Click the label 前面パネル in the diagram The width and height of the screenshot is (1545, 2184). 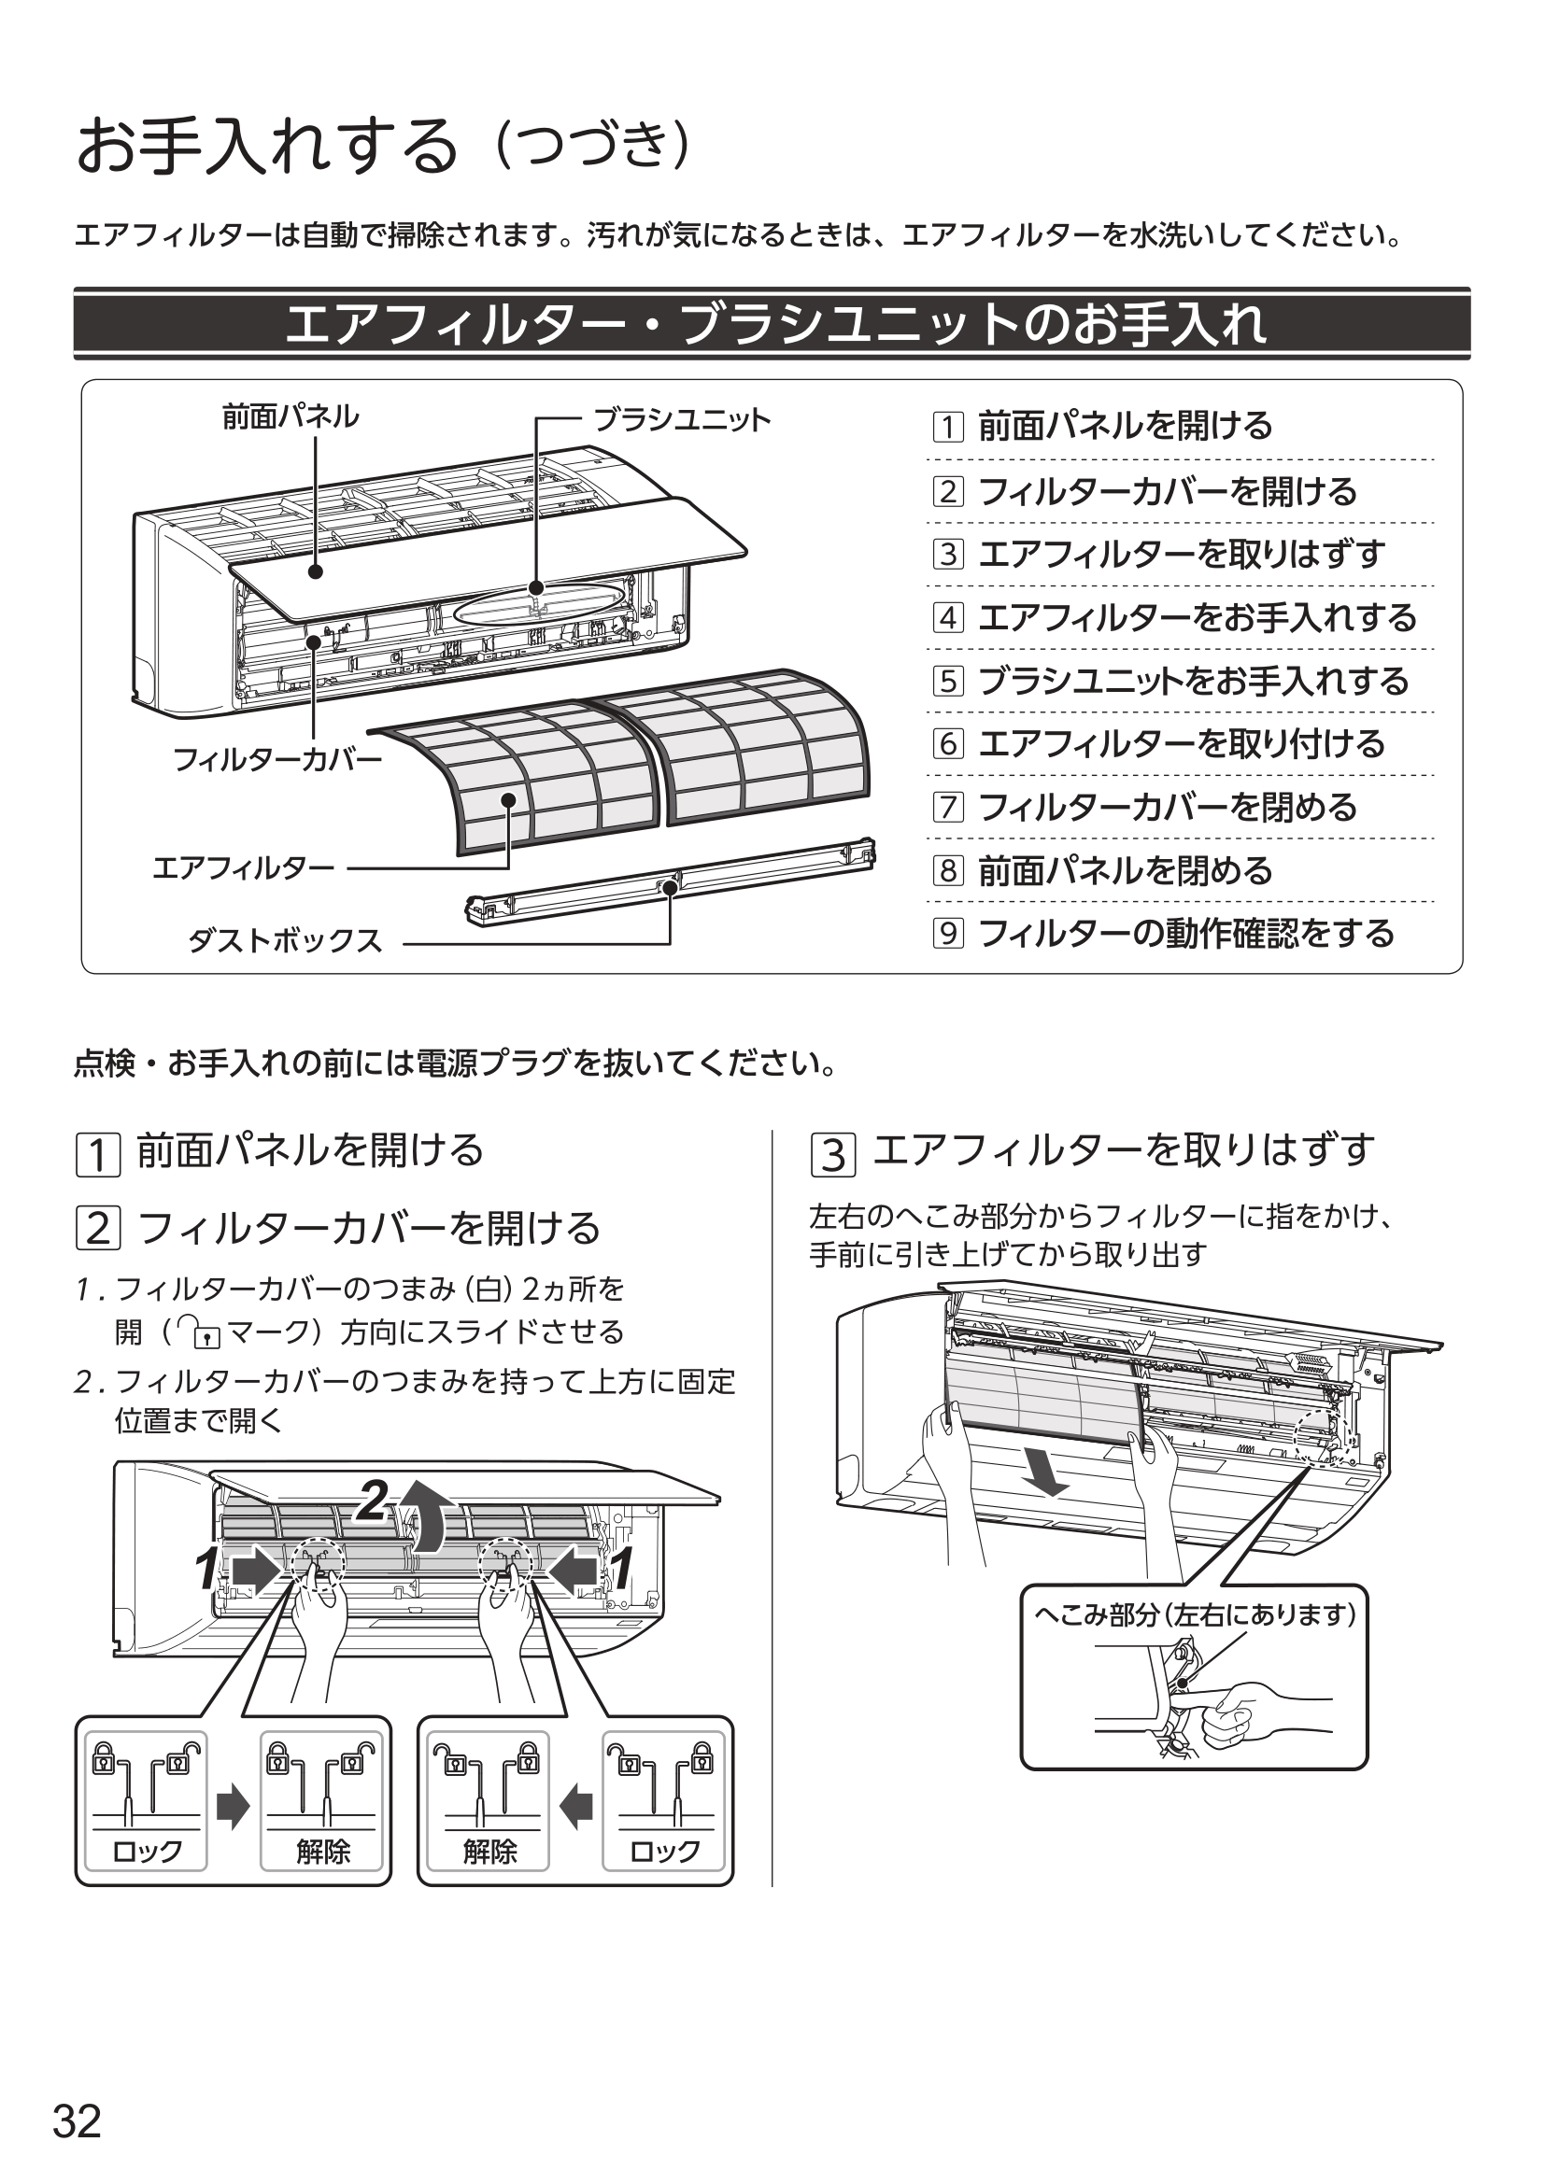tap(291, 416)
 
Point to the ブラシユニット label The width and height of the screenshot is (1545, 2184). tap(681, 420)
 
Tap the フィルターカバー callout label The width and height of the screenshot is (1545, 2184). tap(276, 759)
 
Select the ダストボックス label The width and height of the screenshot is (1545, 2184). tap(285, 941)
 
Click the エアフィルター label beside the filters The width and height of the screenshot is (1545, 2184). tap(244, 867)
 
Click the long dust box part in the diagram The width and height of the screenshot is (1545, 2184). tap(671, 881)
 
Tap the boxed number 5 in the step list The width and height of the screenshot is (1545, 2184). tap(947, 681)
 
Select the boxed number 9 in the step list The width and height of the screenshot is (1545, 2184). tap(947, 933)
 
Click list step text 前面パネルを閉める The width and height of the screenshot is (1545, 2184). tap(1125, 870)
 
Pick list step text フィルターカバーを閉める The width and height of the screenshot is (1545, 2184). tap(1168, 808)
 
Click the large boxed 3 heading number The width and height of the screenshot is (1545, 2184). tap(832, 1154)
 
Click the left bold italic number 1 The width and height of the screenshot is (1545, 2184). tap(206, 1569)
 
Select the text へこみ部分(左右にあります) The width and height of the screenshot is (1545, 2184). tap(1195, 1614)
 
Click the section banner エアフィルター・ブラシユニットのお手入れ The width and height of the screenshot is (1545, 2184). tap(772, 323)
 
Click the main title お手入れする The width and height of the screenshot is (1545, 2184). tap(267, 147)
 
